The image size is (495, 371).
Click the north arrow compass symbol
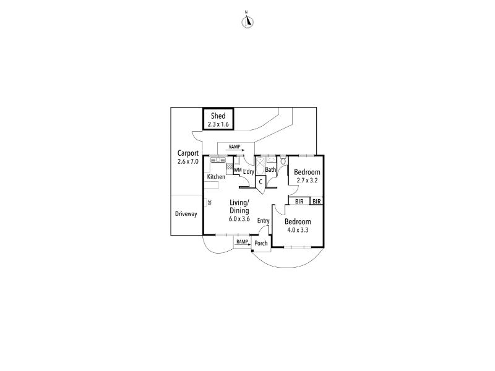(x=247, y=22)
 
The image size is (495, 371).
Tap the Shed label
(x=218, y=116)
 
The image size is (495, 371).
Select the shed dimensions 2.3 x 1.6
(x=218, y=124)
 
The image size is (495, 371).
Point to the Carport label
(x=188, y=153)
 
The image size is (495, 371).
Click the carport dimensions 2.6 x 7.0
(x=188, y=161)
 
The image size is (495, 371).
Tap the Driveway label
(x=186, y=214)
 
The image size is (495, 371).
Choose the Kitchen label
(x=216, y=177)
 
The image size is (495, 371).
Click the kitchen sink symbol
(x=218, y=160)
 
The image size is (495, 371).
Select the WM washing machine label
(x=238, y=171)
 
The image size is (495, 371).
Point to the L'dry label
(x=249, y=172)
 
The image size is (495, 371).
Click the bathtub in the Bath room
(x=260, y=166)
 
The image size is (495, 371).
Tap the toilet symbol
(x=283, y=160)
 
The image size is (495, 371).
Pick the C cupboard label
(x=260, y=182)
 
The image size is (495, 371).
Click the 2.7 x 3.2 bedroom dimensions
(x=307, y=181)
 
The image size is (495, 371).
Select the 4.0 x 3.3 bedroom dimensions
(x=298, y=230)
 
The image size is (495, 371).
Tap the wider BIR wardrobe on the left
(x=299, y=202)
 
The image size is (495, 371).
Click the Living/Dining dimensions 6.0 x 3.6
(x=239, y=219)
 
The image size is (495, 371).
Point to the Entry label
(x=264, y=221)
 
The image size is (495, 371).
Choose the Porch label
(x=260, y=243)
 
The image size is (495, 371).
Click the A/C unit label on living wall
(x=210, y=202)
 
